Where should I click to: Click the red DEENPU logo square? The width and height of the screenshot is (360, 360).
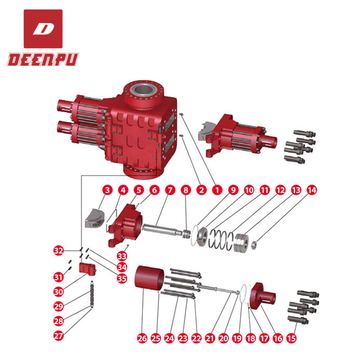pos(43,28)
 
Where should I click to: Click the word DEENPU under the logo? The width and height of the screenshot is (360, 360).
pos(43,59)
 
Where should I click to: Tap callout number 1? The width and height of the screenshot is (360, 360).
pos(217,190)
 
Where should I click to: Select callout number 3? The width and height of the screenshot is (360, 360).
pos(106,190)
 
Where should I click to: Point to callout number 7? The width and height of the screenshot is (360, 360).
pos(170,190)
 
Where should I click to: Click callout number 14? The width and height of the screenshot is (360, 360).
pos(312,190)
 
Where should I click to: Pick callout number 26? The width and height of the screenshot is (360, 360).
pos(142,337)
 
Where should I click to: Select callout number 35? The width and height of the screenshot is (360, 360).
pos(122,277)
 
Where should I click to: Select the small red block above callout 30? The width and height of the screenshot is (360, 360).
pos(86,268)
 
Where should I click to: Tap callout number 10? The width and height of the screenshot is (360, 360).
pos(249,190)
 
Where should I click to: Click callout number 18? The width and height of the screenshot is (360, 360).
pos(251,337)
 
